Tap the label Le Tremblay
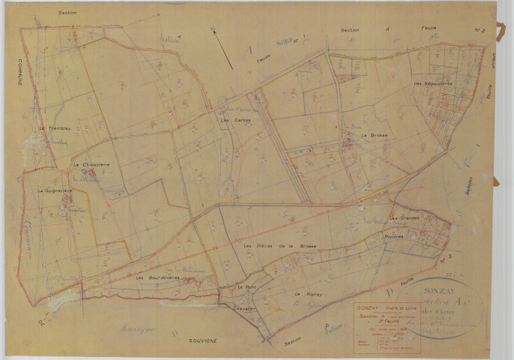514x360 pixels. (54, 128)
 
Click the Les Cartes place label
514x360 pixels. (231, 120)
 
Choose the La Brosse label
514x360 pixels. (372, 135)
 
